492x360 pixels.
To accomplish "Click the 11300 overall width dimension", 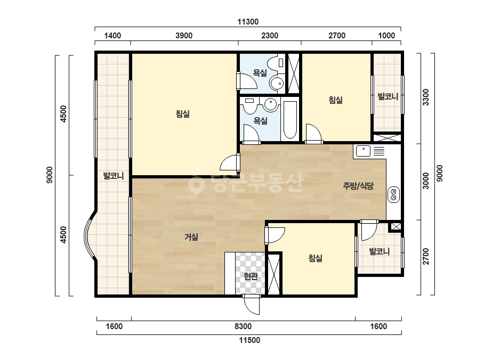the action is click(248, 22).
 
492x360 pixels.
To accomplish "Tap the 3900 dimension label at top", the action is click(184, 36).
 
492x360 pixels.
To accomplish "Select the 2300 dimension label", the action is click(270, 36).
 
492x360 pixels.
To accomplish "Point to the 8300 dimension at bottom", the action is click(243, 326).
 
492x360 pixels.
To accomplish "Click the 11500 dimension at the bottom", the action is click(249, 340).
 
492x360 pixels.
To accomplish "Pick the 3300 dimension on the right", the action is click(425, 97).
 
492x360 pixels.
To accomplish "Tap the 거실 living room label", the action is click(191, 237).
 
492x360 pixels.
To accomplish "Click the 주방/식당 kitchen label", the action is click(358, 186).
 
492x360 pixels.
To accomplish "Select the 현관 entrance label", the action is click(251, 276).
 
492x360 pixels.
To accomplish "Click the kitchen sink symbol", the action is click(364, 151).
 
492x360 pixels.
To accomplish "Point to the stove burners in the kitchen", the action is click(393, 194).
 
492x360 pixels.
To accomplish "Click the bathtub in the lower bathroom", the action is click(290, 119).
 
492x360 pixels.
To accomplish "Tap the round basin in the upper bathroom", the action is click(277, 84).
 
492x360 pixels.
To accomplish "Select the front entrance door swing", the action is click(252, 305).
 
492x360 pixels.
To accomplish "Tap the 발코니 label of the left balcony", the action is click(114, 176).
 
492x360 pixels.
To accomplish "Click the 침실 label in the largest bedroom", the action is click(183, 113).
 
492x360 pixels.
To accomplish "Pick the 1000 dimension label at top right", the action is click(386, 36).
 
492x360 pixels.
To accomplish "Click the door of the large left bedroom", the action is click(230, 162).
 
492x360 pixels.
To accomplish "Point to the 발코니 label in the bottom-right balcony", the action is click(380, 251).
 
